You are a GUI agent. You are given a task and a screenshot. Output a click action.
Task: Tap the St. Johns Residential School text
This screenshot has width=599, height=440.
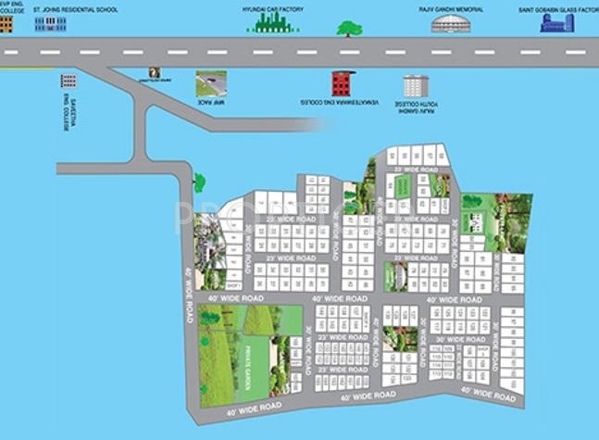pos(76,9)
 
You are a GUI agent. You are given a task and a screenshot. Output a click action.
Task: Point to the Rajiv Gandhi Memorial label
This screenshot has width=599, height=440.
pos(451,9)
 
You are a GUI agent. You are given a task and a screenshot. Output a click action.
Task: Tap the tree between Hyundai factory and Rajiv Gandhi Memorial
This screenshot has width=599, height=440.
pos(348,28)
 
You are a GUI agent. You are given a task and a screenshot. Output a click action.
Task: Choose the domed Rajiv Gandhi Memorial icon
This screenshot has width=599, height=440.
pos(451,24)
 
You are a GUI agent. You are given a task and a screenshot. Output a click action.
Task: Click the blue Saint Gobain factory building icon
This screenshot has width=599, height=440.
pos(557,22)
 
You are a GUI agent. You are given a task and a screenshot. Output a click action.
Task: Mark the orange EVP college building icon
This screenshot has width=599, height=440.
pos(6,24)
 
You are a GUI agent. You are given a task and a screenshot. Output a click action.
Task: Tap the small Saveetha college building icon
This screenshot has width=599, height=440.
pos(68,82)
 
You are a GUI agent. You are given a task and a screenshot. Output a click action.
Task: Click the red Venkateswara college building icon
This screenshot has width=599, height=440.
pos(342,83)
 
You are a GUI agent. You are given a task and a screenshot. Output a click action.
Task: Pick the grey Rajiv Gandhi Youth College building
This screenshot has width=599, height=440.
pos(416,85)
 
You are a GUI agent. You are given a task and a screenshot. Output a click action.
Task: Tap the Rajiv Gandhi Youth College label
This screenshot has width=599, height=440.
pos(418,107)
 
